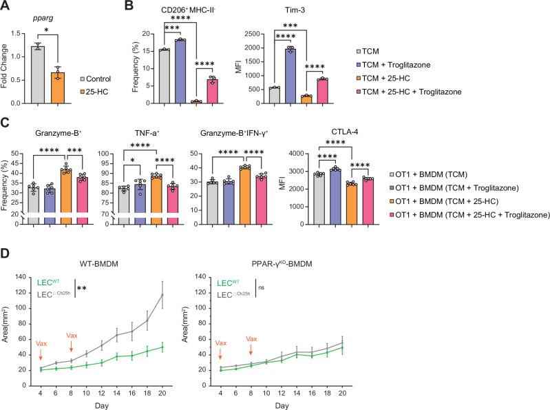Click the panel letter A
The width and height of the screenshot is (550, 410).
(x=6, y=8)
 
